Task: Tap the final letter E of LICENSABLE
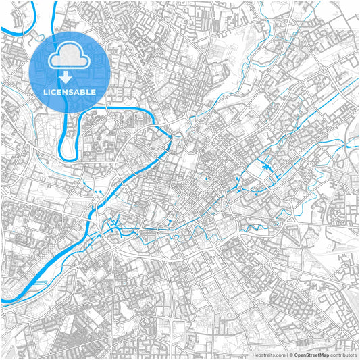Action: [93, 91]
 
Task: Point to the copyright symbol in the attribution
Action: [290, 354]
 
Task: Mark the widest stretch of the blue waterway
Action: [41, 274]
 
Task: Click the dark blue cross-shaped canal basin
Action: [265, 166]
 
